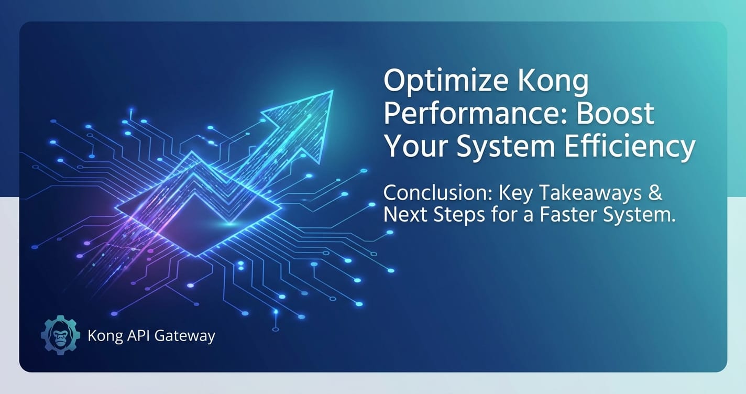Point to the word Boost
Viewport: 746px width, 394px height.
(x=616, y=114)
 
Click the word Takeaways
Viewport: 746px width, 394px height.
(x=590, y=193)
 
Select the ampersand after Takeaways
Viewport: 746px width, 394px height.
(x=655, y=193)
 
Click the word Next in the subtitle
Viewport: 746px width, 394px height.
(x=405, y=214)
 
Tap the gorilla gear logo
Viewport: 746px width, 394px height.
(x=60, y=335)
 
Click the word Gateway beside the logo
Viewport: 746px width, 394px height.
(x=185, y=336)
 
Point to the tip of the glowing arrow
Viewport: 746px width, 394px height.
(x=332, y=91)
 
